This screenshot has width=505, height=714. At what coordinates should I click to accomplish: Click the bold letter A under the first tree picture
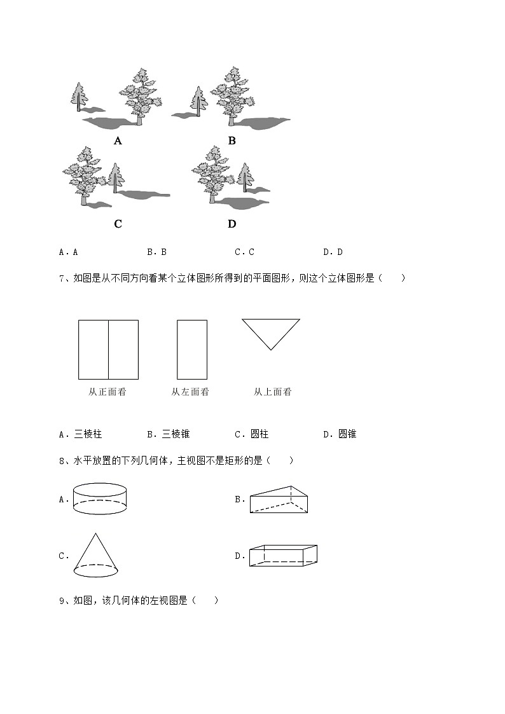[x=118, y=141]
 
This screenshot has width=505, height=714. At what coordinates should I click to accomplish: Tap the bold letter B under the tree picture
[x=232, y=141]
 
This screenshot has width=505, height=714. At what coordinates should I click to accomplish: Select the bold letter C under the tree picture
[x=118, y=224]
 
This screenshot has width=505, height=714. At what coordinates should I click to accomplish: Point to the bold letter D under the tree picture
[x=232, y=224]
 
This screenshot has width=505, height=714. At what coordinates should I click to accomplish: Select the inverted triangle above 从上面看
[x=270, y=331]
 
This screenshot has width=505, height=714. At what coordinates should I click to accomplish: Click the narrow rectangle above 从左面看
[x=191, y=350]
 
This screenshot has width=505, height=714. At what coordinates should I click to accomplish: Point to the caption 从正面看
[x=107, y=392]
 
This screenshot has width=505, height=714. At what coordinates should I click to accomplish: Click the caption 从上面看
[x=272, y=392]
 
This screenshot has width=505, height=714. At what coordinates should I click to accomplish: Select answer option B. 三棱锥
[x=169, y=434]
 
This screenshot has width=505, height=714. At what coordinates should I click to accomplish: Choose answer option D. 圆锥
[x=340, y=434]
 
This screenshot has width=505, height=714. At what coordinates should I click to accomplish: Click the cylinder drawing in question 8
[x=100, y=498]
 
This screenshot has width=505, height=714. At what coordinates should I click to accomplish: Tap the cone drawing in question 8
[x=95, y=554]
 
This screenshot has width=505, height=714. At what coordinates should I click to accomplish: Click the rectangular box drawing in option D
[x=283, y=555]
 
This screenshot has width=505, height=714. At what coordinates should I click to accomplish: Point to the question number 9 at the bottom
[x=62, y=600]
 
